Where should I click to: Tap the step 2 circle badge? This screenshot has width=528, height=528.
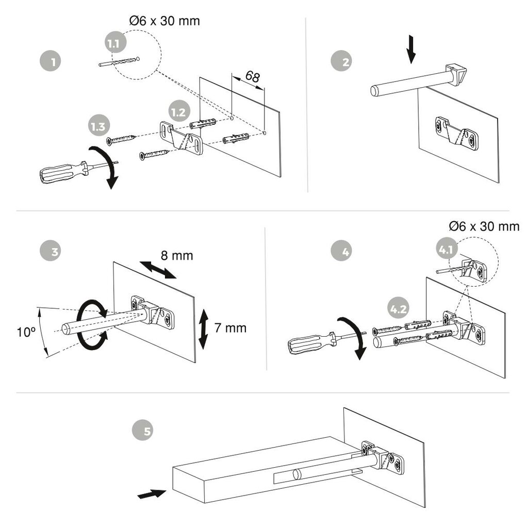pos(341,62)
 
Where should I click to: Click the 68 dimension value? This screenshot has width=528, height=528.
pos(252,76)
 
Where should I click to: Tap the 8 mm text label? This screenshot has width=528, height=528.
pos(177,255)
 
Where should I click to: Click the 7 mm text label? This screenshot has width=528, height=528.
pos(230,327)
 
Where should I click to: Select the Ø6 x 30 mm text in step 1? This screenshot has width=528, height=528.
pos(164,21)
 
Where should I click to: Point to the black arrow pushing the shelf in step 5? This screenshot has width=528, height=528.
pos(151,494)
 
